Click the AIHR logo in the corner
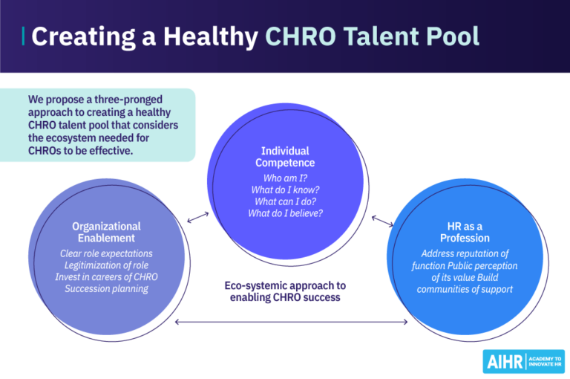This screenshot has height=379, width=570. tap(523, 361)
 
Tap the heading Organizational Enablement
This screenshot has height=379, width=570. tap(107, 232)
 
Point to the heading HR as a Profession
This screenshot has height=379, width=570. tap(465, 232)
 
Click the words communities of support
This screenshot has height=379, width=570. tap(465, 289)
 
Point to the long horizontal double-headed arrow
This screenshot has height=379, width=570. tap(292, 322)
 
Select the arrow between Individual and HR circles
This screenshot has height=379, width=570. tap(382, 221)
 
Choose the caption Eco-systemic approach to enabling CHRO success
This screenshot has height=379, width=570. tap(286, 291)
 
